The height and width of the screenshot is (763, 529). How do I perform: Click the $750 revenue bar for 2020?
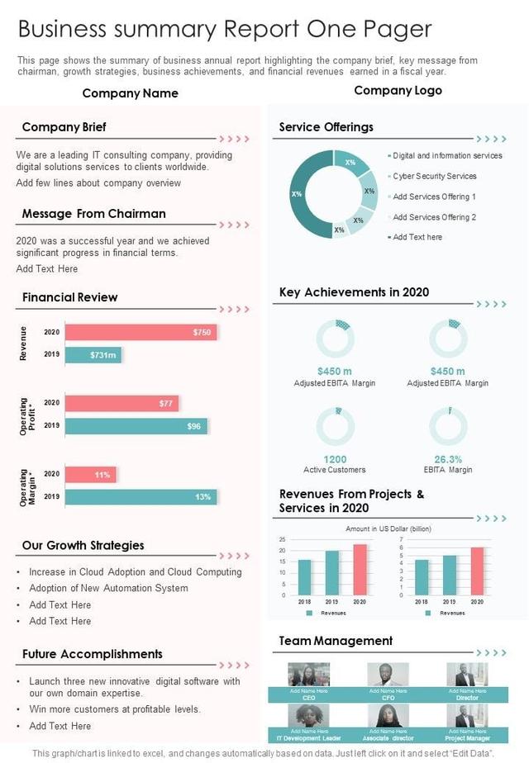tap(141, 332)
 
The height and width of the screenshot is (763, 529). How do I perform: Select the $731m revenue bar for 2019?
tap(93, 354)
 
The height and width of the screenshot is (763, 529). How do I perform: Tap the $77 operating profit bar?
tap(122, 403)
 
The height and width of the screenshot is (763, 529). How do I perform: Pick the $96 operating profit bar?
tap(136, 426)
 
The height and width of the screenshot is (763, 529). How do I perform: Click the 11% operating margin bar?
tap(91, 475)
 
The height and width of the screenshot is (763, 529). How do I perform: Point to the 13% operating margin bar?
tap(141, 497)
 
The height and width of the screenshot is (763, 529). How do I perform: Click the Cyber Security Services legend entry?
tap(434, 176)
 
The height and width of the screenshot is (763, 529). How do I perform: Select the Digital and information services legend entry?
tap(446, 155)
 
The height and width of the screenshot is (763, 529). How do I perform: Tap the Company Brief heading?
tap(64, 127)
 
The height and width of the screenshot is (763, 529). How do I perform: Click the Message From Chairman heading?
tap(93, 214)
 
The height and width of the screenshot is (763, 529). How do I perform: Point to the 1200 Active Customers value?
tap(335, 459)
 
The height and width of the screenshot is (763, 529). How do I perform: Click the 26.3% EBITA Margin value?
tap(448, 459)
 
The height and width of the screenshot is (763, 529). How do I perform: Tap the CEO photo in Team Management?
tap(308, 675)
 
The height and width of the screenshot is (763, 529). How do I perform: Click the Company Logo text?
tap(398, 91)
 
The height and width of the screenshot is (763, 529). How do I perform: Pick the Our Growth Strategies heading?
tap(83, 545)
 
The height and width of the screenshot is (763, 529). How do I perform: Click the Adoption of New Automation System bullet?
tap(108, 588)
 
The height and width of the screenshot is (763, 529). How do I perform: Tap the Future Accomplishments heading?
tap(92, 654)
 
